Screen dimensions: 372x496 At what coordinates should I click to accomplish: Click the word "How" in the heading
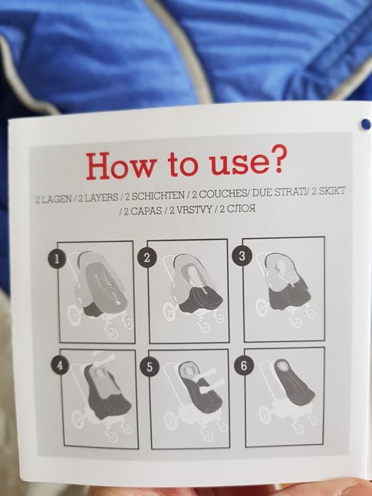pyautogui.click(x=121, y=166)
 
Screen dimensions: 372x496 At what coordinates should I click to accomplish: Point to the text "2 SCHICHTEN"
pyautogui.click(x=154, y=196)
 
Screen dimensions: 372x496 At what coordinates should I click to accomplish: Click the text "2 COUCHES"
pyautogui.click(x=219, y=194)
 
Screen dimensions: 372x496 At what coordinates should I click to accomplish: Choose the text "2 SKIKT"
pyautogui.click(x=328, y=191)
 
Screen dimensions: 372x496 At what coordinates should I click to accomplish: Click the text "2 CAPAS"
pyautogui.click(x=142, y=211)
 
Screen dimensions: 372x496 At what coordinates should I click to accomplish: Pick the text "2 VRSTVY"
pyautogui.click(x=191, y=210)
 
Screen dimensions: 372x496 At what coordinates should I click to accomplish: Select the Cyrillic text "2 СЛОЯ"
pyautogui.click(x=237, y=209)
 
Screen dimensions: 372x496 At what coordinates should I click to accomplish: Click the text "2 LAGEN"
pyautogui.click(x=53, y=200)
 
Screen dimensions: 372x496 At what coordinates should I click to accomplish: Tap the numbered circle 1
pyautogui.click(x=57, y=259)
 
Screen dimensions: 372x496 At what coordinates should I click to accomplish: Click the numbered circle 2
pyautogui.click(x=147, y=258)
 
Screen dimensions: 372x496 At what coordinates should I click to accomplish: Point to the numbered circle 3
pyautogui.click(x=242, y=256)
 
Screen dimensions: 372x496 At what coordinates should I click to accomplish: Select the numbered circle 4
pyautogui.click(x=60, y=366)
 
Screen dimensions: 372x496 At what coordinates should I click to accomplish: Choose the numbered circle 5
pyautogui.click(x=150, y=367)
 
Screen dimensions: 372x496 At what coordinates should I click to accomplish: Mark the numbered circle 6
pyautogui.click(x=243, y=366)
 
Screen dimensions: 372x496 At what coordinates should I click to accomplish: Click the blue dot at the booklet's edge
pyautogui.click(x=366, y=124)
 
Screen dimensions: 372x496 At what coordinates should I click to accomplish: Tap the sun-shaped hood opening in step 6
pyautogui.click(x=281, y=366)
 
